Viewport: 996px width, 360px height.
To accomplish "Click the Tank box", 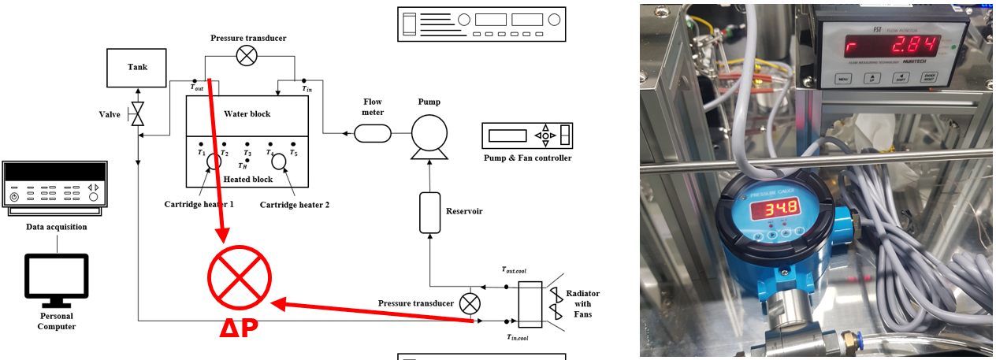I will [137, 67].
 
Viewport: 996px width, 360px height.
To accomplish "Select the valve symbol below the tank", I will [138, 115].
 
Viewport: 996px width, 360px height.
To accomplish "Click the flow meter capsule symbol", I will [372, 134].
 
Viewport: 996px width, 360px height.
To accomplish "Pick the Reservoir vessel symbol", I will [429, 212].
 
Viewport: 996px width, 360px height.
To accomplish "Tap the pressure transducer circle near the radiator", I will [470, 303].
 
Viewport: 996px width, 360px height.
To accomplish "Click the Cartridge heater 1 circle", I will [214, 161].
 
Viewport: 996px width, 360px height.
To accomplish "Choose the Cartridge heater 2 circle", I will [279, 161].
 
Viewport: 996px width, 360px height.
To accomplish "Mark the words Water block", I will [247, 114].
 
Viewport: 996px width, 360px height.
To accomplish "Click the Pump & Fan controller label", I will [527, 158].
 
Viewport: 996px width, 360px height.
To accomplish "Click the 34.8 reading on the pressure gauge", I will [776, 208].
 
